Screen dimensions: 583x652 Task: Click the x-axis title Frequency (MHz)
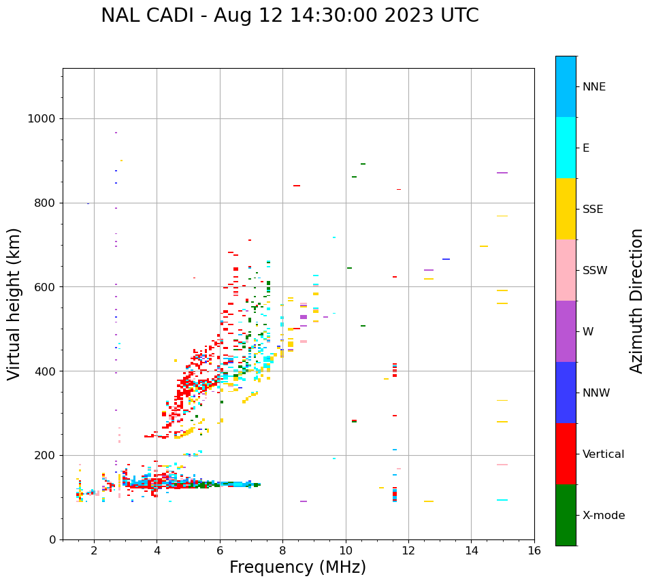coord(297,567)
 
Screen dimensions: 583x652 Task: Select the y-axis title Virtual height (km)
coord(14,303)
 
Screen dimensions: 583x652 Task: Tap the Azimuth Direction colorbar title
coord(636,300)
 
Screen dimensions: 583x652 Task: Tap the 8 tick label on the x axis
coord(283,550)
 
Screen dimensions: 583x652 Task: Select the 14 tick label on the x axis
coord(472,550)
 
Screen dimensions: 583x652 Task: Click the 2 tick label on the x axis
coord(94,550)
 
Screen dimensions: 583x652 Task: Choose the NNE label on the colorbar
coord(593,87)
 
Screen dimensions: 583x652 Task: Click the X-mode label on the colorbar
coord(603,516)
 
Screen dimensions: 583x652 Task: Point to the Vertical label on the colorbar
coord(603,454)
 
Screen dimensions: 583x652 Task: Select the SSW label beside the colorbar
coord(595,271)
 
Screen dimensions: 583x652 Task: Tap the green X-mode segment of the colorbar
coord(566,515)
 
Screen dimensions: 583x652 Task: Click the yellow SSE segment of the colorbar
coord(566,209)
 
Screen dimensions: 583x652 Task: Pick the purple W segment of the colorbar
coord(566,331)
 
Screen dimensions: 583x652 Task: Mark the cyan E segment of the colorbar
coord(566,148)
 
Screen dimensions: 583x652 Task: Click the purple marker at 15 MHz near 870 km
coord(502,173)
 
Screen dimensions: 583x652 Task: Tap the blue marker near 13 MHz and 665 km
coord(446,259)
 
